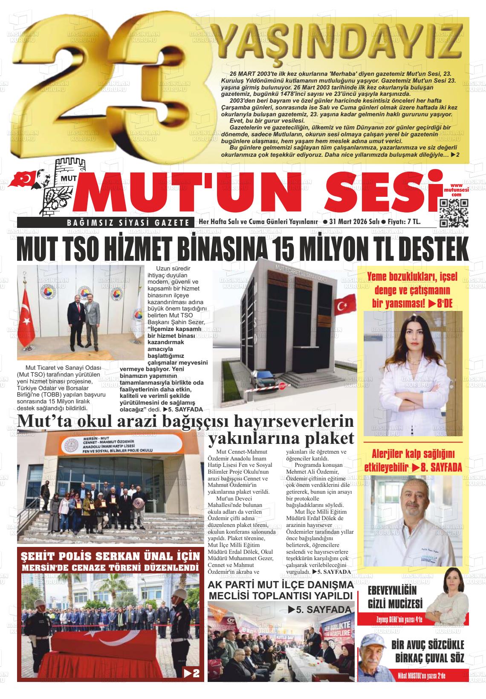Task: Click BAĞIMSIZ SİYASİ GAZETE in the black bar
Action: click(128, 222)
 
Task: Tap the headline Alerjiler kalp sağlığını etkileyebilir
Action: click(413, 460)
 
